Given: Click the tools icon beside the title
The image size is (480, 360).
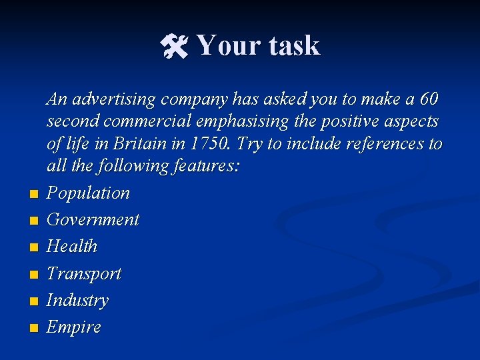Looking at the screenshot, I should click(175, 46).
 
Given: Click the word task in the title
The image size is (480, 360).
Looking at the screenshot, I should click(295, 46).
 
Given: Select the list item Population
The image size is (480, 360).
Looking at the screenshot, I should click(88, 193).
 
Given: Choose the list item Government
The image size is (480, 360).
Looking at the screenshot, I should click(93, 220).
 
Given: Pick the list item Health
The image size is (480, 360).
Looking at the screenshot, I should click(72, 247).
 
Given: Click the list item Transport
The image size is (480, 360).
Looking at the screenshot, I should click(84, 274).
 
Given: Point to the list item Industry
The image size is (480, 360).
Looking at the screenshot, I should click(77, 301).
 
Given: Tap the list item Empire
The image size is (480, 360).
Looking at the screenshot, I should click(73, 327).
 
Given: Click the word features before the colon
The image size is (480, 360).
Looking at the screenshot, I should click(201, 166).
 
